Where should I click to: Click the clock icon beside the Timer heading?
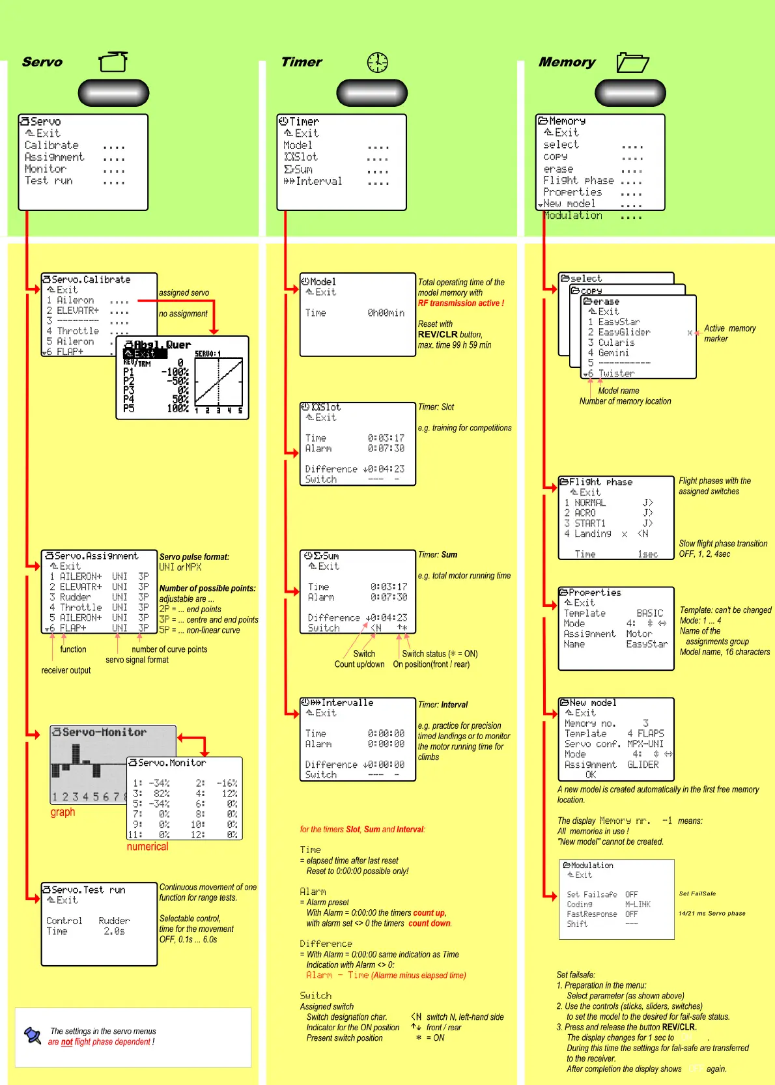(377, 63)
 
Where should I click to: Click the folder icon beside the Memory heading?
(632, 63)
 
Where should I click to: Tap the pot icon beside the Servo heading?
(113, 62)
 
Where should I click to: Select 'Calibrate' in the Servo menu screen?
(51, 145)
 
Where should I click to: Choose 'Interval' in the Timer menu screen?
(318, 181)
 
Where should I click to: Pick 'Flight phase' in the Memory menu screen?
(578, 180)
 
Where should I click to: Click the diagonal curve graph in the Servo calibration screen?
(219, 381)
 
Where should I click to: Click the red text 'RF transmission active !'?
(460, 303)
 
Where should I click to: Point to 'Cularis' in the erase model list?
(616, 343)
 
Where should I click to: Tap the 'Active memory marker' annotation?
(729, 333)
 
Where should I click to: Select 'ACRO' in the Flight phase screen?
(585, 513)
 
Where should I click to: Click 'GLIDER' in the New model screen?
(643, 765)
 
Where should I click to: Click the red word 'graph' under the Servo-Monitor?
(63, 812)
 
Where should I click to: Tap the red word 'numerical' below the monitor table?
(147, 847)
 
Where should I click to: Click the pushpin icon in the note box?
(32, 1035)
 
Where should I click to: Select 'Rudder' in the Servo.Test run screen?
(114, 921)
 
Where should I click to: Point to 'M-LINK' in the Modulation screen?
(638, 905)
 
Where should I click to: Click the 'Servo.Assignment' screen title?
(96, 556)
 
